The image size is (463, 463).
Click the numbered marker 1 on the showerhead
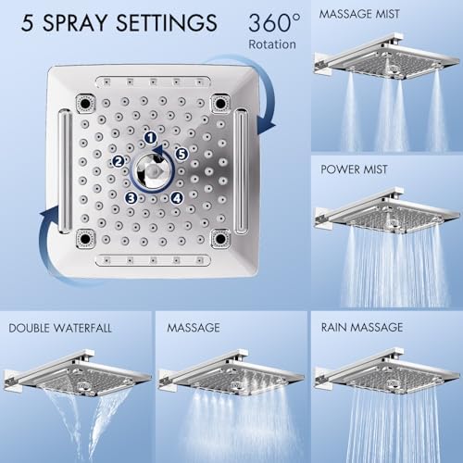click(x=150, y=138)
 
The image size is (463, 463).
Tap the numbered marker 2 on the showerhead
click(x=119, y=161)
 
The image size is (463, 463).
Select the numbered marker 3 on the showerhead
click(x=131, y=198)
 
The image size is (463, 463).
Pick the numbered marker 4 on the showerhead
click(x=177, y=198)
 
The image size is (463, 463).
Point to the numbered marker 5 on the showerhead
click(x=181, y=154)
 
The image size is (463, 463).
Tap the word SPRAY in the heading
click(x=74, y=23)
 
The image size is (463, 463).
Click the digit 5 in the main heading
click(x=27, y=23)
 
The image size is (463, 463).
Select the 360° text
click(x=274, y=22)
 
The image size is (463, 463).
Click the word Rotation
click(x=272, y=44)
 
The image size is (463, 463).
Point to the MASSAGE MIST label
click(x=359, y=14)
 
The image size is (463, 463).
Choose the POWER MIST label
click(x=354, y=169)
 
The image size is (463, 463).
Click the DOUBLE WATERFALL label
click(x=60, y=328)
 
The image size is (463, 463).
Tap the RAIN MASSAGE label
click(x=362, y=328)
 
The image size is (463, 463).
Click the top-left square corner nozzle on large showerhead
click(x=85, y=103)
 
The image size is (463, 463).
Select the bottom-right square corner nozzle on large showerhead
click(x=220, y=239)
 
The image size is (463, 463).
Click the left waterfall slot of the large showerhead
click(x=65, y=171)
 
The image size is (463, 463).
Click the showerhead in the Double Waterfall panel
click(x=77, y=373)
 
